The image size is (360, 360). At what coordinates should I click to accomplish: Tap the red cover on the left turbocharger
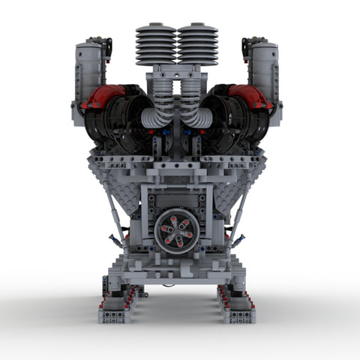[x=102, y=97]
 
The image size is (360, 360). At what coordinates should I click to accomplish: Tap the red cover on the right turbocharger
[x=250, y=97]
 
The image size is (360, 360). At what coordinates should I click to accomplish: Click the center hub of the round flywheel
[x=177, y=229]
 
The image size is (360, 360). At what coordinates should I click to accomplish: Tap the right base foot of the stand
[x=236, y=307]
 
